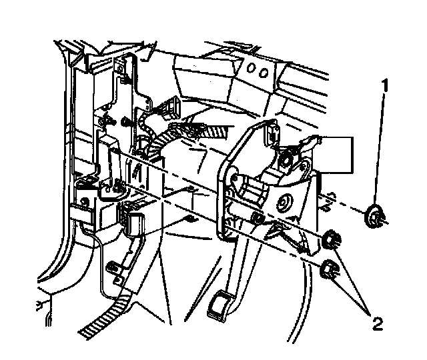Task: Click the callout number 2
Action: tap(378, 325)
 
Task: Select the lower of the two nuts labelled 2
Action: tap(329, 270)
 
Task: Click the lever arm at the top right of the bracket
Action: tap(308, 142)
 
